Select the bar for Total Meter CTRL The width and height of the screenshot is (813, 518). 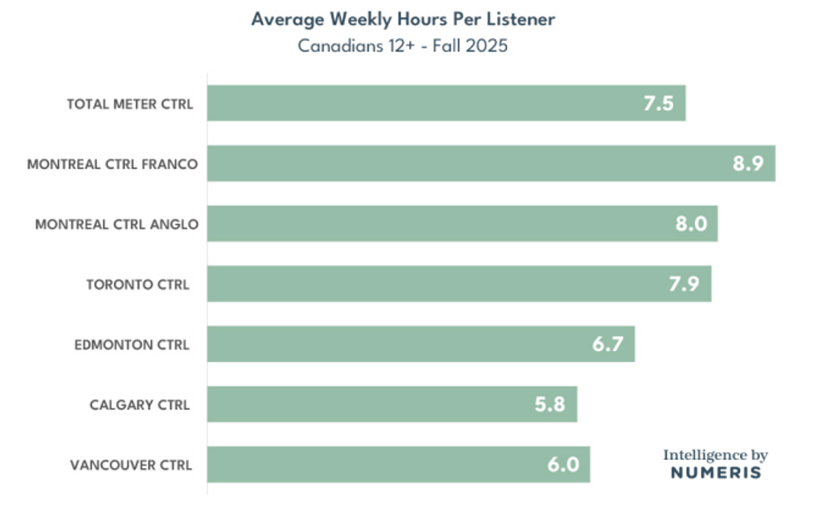coord(446,104)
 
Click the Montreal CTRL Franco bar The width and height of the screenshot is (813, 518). coord(491,164)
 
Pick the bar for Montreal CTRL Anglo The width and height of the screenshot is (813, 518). coord(462,224)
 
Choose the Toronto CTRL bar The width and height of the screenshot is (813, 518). coord(459,284)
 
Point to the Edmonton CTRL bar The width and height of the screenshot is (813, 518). coord(421,344)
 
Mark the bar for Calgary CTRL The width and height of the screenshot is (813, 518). coord(392,404)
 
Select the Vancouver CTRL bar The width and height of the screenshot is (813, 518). coord(398,464)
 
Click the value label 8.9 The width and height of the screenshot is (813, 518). coord(747,164)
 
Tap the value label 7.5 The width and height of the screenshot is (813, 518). coord(658,104)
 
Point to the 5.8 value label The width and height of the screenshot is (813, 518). coord(549,404)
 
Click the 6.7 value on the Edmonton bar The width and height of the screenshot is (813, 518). coord(607,344)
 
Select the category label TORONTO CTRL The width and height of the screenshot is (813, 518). coord(138,285)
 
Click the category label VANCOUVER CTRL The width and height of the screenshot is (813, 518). coord(131,465)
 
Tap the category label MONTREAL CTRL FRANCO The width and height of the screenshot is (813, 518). coord(112,164)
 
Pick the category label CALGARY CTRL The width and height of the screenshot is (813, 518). coord(139,405)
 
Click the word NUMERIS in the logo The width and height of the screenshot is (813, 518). coord(715,473)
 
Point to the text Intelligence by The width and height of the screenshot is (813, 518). coord(715,455)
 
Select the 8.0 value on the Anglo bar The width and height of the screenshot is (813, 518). coord(690,224)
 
